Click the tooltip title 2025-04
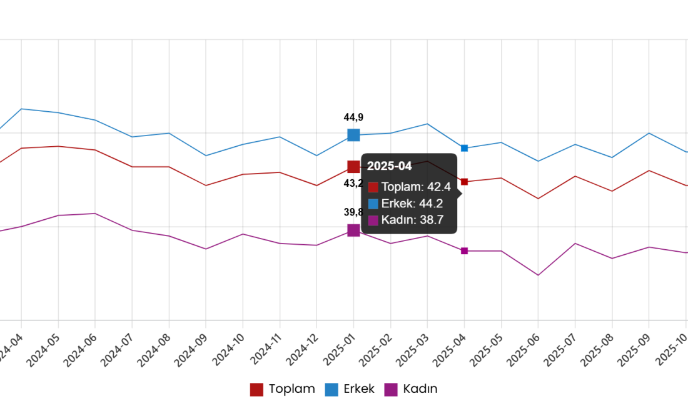coord(389,166)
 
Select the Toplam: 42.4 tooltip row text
coord(416,187)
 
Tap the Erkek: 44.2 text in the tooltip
coord(412,203)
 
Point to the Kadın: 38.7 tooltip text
coord(412,220)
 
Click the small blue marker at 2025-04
coord(464,148)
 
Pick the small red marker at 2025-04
coord(464,182)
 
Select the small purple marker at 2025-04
coord(464,250)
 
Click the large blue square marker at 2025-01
coord(353,135)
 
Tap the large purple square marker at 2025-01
coord(353,230)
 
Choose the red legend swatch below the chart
coord(256,390)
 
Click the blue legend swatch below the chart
coord(331,390)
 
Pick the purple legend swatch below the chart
coord(391,390)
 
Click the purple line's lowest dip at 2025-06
coord(538,275)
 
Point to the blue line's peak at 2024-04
coord(22,109)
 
